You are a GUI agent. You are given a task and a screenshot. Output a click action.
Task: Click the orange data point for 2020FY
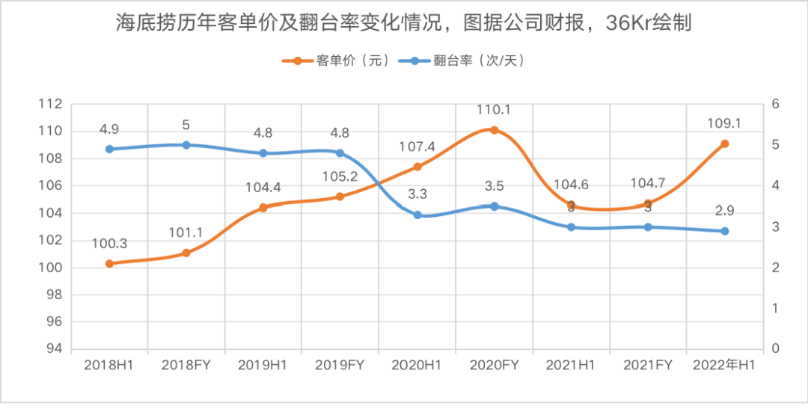pyautogui.click(x=494, y=130)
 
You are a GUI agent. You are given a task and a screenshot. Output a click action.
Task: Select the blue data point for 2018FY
pyautogui.click(x=186, y=145)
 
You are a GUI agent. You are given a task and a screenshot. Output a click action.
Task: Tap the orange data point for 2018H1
pyautogui.click(x=109, y=263)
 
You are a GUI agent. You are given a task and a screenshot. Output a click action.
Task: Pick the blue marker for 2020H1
pyautogui.click(x=417, y=215)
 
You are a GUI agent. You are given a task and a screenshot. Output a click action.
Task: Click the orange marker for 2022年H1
pyautogui.click(x=724, y=144)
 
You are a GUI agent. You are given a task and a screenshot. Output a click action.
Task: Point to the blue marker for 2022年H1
pyautogui.click(x=724, y=231)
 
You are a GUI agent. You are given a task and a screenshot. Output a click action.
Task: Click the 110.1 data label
pyautogui.click(x=494, y=111)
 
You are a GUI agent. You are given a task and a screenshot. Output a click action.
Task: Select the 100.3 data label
pyautogui.click(x=109, y=243)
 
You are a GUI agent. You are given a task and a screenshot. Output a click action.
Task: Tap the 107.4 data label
pyautogui.click(x=417, y=147)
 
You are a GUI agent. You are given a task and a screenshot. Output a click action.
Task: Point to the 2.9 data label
pyautogui.click(x=724, y=212)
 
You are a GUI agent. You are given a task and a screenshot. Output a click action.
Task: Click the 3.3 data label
pyautogui.click(x=417, y=195)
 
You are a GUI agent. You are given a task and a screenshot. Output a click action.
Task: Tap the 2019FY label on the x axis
pyautogui.click(x=340, y=365)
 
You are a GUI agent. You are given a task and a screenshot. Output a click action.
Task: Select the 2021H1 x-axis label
pyautogui.click(x=570, y=365)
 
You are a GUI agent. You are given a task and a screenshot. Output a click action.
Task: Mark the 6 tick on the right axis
pyautogui.click(x=775, y=104)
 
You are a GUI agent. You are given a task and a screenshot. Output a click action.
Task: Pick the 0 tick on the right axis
pyautogui.click(x=775, y=349)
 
